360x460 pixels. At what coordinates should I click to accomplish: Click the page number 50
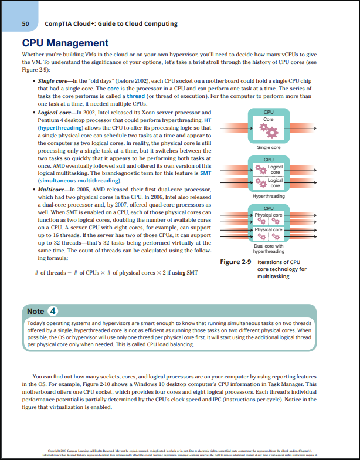pos(25,24)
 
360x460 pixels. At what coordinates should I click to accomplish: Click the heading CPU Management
pos(65,43)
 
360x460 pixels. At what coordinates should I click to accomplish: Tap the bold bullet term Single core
pos(52,80)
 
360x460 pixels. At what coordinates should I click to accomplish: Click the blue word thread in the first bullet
pos(135,96)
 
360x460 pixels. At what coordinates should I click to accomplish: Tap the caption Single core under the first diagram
pos(269,147)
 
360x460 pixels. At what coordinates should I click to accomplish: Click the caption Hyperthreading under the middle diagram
pos(269,196)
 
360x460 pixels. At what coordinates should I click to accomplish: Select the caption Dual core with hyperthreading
pos(269,248)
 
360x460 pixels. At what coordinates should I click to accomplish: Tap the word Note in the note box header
pos(36,311)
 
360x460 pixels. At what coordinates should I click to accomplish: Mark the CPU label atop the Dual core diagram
pos(269,208)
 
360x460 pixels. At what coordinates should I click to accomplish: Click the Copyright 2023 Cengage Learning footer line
pos(179,451)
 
